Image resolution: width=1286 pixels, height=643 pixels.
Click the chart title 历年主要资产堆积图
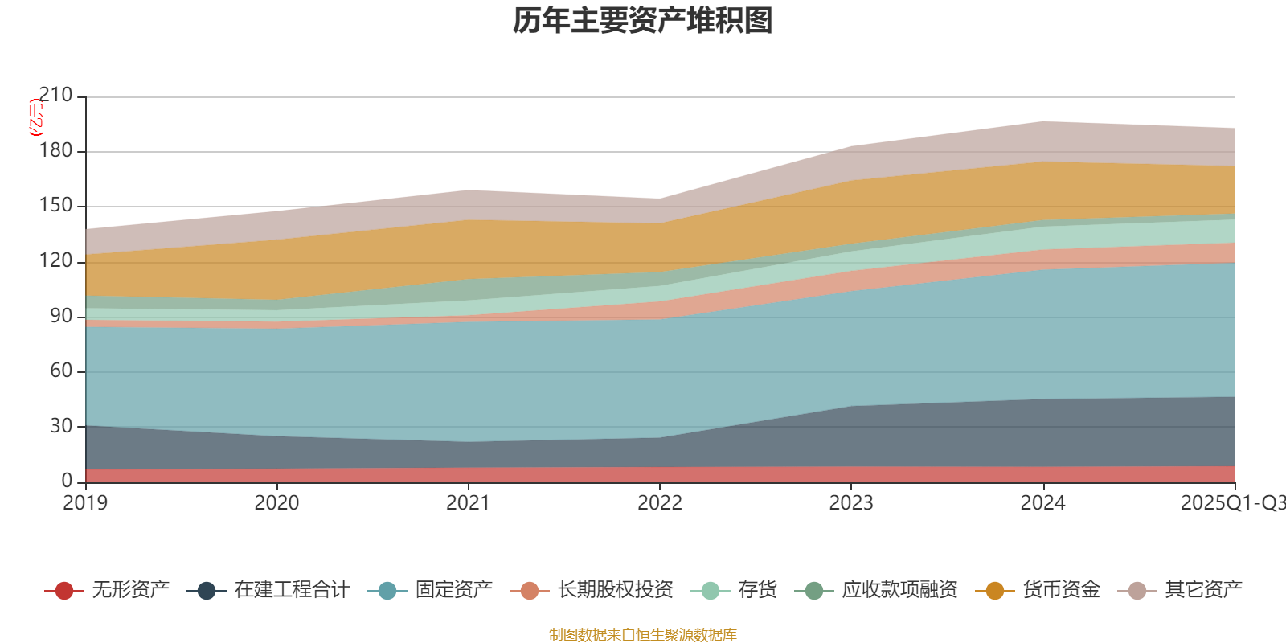pos(643,21)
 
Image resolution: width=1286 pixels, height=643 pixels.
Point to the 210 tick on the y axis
pos(55,96)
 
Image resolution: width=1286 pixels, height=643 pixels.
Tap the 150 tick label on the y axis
pos(55,206)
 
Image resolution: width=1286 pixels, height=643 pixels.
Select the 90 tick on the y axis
pos(60,316)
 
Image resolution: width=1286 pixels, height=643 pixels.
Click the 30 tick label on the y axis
pos(60,426)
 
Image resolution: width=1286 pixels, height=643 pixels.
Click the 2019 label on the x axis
pos(85,503)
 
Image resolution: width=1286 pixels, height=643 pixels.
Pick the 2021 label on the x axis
pos(468,503)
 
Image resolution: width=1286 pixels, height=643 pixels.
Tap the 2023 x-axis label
pos(851,503)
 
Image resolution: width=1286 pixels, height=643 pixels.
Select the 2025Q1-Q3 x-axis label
pos(1231,503)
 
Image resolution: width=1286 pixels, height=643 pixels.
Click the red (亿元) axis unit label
pos(36,117)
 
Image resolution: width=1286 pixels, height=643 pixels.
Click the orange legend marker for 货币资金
pos(995,591)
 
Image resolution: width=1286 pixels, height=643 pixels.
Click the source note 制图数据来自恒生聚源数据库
pos(643,635)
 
